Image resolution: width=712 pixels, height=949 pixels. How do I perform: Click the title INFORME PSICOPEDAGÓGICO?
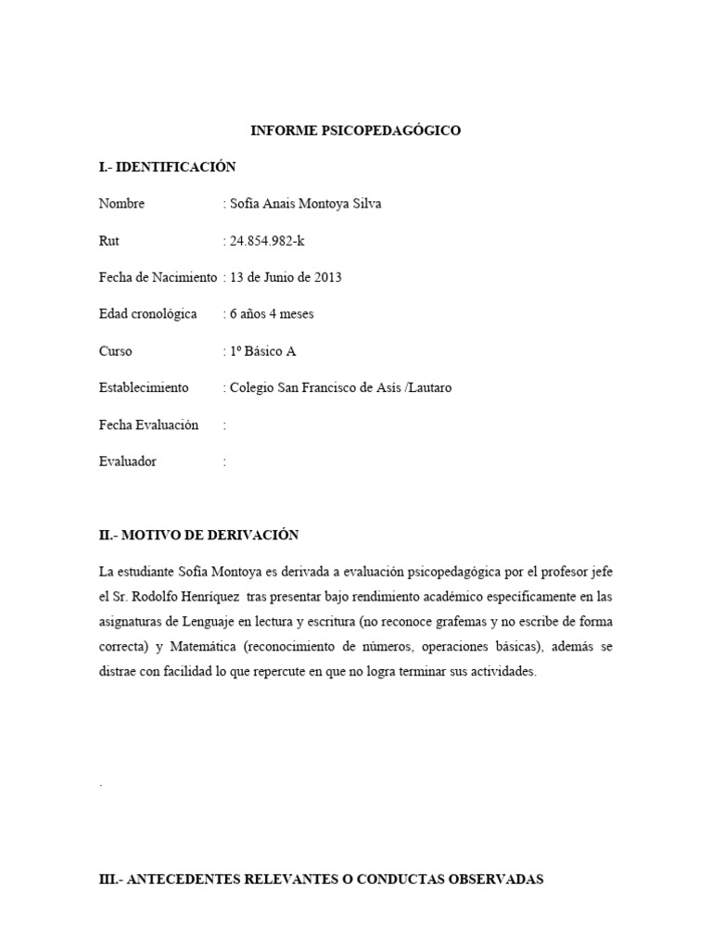(x=356, y=131)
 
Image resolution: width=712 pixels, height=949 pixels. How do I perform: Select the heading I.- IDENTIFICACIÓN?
(x=167, y=167)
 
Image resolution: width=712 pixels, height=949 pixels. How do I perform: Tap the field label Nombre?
(x=121, y=204)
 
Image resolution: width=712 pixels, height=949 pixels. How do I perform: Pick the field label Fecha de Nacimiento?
(x=158, y=277)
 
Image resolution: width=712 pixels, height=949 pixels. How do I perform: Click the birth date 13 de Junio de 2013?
(x=285, y=277)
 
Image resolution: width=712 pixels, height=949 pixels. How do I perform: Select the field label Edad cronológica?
(x=147, y=314)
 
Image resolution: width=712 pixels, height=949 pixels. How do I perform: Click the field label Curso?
(x=115, y=351)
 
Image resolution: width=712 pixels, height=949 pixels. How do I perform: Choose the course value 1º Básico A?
(x=262, y=351)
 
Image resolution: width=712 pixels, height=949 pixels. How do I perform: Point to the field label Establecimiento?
(x=144, y=387)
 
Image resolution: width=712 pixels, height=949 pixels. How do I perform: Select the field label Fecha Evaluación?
(x=148, y=424)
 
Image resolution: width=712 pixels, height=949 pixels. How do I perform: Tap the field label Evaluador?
(x=127, y=462)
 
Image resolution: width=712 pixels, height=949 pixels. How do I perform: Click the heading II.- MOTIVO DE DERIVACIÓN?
(x=198, y=536)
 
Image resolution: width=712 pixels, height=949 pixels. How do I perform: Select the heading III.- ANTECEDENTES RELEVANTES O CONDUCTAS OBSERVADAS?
(x=321, y=879)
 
